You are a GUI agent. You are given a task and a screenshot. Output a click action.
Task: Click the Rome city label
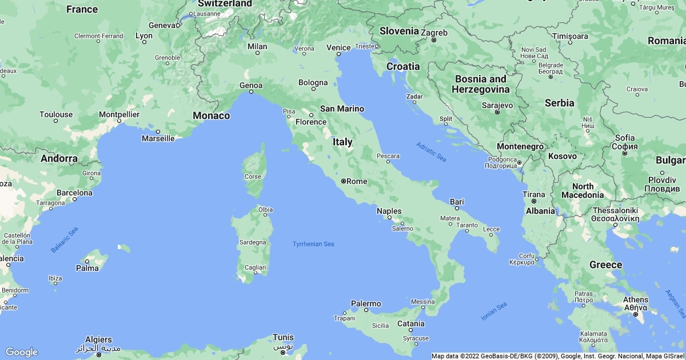(x=357, y=181)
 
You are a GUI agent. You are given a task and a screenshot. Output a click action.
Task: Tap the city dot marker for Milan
(x=257, y=53)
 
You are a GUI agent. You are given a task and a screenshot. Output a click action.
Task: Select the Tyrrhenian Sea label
(x=313, y=244)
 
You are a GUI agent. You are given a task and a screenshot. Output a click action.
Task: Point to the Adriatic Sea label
(x=431, y=151)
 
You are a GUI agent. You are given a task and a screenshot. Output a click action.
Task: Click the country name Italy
(x=342, y=142)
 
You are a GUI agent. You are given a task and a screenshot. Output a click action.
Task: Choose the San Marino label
(x=342, y=109)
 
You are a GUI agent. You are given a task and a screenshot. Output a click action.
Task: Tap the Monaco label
(x=211, y=115)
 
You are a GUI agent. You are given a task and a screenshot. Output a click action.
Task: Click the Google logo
(x=21, y=352)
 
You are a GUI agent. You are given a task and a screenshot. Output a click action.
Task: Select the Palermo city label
(x=366, y=303)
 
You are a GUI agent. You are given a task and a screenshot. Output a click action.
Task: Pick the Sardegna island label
(x=253, y=242)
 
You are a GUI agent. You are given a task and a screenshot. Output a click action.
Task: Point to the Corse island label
(x=253, y=177)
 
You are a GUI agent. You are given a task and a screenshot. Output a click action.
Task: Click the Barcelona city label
(x=74, y=193)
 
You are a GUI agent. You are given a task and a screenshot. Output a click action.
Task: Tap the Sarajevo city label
(x=497, y=105)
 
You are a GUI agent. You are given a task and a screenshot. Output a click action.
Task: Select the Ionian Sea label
(x=493, y=311)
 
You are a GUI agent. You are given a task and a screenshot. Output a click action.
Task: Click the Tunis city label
(x=283, y=337)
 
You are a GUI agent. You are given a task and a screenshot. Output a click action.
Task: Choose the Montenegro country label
(x=520, y=146)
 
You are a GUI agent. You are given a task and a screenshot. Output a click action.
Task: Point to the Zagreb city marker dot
(x=434, y=40)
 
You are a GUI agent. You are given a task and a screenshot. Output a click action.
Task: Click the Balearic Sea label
(x=64, y=240)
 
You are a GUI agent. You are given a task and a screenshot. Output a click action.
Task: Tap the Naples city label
(x=389, y=211)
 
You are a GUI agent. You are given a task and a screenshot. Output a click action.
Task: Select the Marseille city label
(x=158, y=138)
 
